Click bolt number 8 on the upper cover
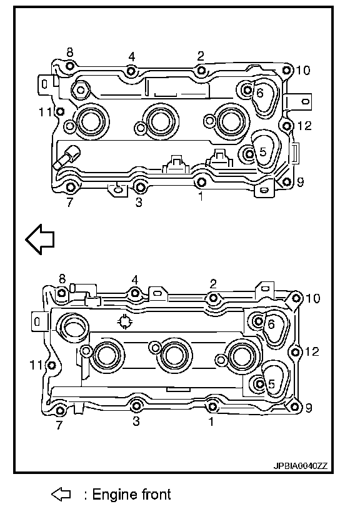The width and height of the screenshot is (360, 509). click(69, 66)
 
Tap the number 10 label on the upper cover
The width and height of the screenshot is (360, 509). click(303, 70)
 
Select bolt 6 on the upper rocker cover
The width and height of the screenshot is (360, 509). click(247, 90)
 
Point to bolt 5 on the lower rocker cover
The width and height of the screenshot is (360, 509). click(259, 384)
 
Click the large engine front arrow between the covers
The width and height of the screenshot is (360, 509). click(40, 239)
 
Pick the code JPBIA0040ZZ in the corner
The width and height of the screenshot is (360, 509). click(301, 466)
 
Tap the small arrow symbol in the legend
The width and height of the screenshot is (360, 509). click(61, 495)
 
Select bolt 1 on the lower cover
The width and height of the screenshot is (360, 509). click(212, 406)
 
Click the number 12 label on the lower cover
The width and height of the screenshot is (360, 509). click(312, 351)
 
